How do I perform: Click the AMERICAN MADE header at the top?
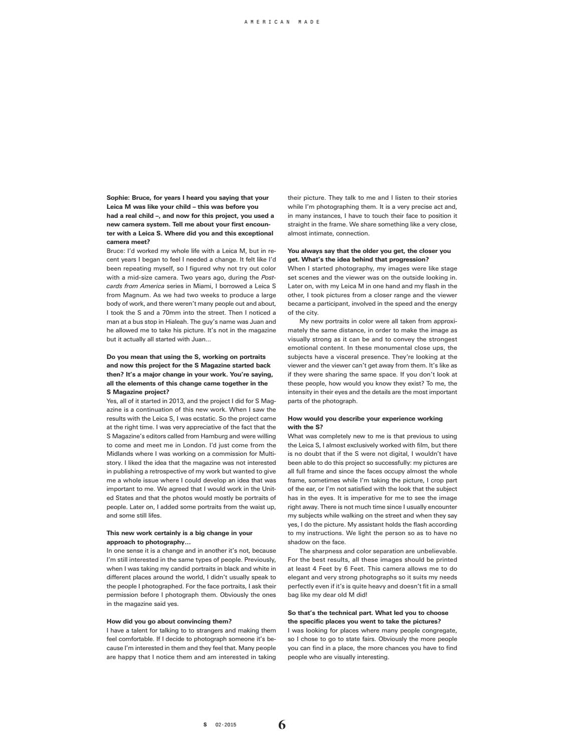(x=282, y=22)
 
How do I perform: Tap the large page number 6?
(x=282, y=724)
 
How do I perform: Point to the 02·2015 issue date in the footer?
(x=226, y=725)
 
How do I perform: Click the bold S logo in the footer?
(x=205, y=725)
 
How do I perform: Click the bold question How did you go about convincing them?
(x=169, y=621)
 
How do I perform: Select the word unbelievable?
(x=435, y=551)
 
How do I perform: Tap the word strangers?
(x=206, y=631)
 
